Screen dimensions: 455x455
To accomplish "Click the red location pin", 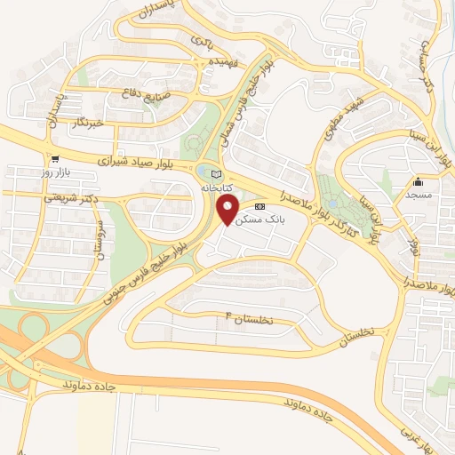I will tap(228, 211).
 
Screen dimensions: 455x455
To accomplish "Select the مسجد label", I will tap(418, 193).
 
